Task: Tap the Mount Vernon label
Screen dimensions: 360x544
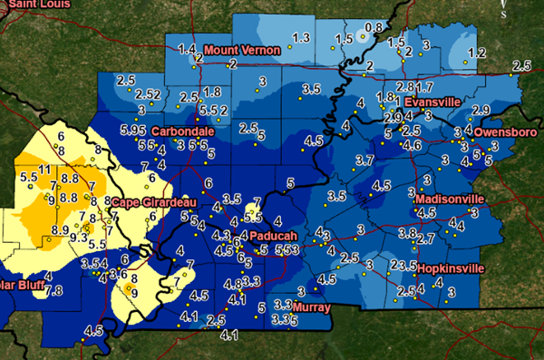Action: pyautogui.click(x=240, y=49)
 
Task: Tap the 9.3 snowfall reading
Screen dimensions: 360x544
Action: pyautogui.click(x=79, y=238)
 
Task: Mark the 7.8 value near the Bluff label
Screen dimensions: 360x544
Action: pyautogui.click(x=53, y=290)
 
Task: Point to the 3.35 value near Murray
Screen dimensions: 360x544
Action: pyautogui.click(x=285, y=319)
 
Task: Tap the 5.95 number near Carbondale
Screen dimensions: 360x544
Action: pyautogui.click(x=131, y=131)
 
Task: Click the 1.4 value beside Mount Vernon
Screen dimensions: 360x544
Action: pyautogui.click(x=188, y=48)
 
